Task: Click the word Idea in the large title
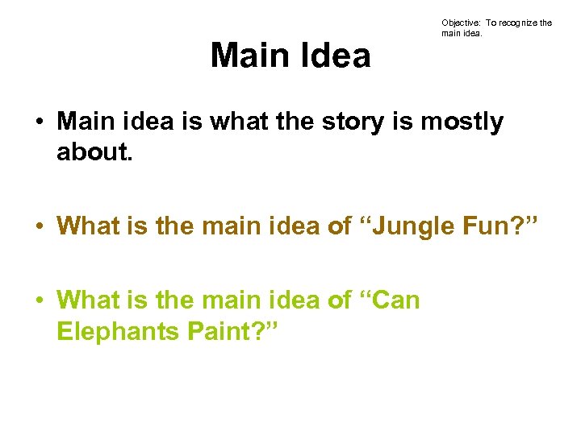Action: coord(334,56)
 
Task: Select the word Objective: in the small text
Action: coord(460,23)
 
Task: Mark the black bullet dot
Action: coord(39,123)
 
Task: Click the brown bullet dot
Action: coord(39,226)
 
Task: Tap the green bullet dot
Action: coord(39,300)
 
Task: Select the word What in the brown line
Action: coord(89,226)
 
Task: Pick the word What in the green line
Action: coord(89,300)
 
